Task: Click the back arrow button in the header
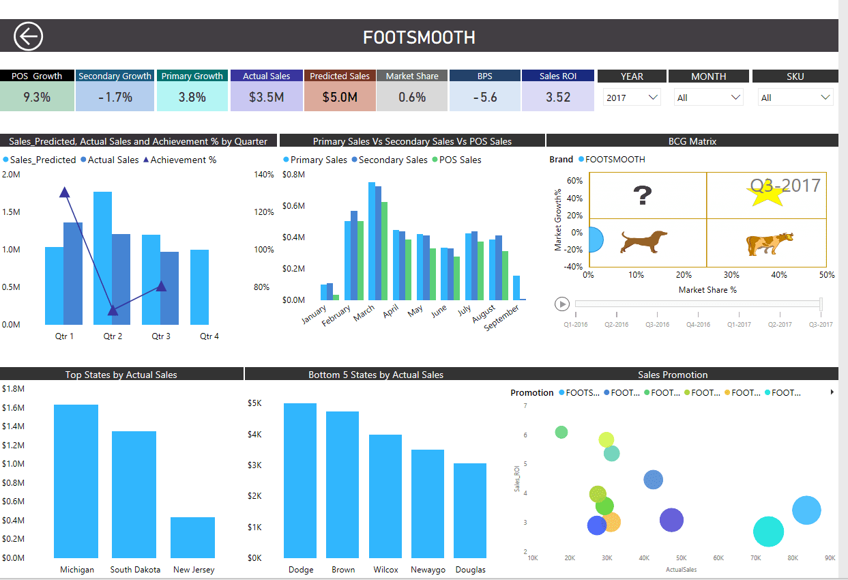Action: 29,36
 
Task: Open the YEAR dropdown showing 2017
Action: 632,98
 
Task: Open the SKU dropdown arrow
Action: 825,98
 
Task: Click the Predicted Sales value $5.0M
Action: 340,97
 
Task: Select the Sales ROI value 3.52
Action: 557,97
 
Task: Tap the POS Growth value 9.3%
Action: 37,97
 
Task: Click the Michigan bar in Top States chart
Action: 76,481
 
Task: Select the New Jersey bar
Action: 192,537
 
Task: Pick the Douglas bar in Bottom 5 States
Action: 470,510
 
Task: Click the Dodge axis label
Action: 301,570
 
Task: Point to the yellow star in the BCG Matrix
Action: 765,195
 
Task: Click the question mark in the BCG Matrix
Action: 642,196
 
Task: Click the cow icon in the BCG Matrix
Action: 770,244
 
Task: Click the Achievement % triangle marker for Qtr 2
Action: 113,310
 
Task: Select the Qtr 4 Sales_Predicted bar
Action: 200,287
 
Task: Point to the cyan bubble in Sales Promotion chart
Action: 769,532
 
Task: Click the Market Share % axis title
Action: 707,290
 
